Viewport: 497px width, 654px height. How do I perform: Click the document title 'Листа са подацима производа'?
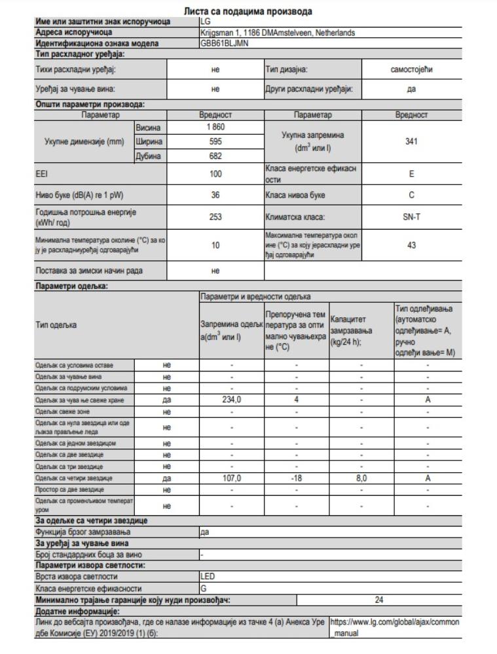(x=248, y=11)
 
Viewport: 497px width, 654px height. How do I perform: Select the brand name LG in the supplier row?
(x=206, y=22)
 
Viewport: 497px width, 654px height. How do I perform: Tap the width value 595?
(x=215, y=141)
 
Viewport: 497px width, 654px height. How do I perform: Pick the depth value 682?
(x=215, y=156)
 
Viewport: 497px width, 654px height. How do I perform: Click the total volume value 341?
(x=411, y=141)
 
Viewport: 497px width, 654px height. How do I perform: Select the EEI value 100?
(x=215, y=174)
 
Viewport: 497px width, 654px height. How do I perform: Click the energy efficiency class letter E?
(x=411, y=174)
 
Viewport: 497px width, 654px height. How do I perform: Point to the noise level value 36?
(x=215, y=194)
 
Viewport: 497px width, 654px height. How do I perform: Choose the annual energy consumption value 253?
(x=215, y=217)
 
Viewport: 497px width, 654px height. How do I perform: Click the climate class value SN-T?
(x=411, y=217)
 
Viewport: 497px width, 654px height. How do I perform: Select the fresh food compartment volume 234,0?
(x=231, y=398)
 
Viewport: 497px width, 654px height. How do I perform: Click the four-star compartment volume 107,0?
(x=231, y=478)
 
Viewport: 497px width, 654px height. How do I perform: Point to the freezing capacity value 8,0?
(x=361, y=478)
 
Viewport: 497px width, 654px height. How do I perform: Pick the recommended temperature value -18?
(x=296, y=478)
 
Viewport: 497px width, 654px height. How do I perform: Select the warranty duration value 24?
(x=378, y=598)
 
